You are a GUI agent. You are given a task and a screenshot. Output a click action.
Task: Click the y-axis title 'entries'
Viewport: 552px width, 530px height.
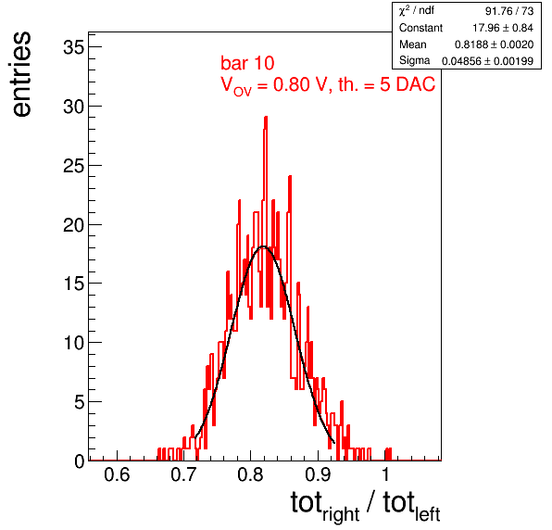point(22,74)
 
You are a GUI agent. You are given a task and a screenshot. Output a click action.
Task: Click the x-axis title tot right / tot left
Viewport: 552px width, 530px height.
point(366,506)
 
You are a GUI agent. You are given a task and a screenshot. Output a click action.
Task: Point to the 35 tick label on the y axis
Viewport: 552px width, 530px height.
point(74,47)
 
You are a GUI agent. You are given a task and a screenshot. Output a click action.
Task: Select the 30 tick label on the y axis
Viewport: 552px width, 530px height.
point(74,106)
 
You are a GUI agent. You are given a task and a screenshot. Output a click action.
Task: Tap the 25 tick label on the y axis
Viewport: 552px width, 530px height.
point(74,165)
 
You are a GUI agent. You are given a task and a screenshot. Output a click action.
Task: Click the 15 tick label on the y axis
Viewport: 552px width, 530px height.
point(74,284)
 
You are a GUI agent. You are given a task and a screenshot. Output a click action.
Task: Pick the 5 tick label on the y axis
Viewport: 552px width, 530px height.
point(80,401)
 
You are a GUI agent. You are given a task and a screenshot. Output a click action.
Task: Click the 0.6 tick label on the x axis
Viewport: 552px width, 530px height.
point(117,474)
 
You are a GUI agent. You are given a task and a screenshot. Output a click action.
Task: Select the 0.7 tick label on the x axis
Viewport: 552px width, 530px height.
point(183,474)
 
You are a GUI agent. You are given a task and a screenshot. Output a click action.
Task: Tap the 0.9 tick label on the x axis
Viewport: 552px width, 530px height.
point(318,474)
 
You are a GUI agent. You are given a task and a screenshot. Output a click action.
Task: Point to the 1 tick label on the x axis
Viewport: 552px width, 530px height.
point(385,474)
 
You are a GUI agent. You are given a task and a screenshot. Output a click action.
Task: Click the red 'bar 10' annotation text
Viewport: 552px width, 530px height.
point(247,63)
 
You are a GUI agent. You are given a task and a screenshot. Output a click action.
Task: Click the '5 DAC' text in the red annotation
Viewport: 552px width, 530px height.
point(408,84)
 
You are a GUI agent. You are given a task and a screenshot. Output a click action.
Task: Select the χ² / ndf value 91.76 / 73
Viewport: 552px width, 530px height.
point(509,11)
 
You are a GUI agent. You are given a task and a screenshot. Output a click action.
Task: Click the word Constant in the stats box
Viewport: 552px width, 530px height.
point(420,28)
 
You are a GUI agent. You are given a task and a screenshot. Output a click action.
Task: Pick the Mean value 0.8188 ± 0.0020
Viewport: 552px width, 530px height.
point(494,44)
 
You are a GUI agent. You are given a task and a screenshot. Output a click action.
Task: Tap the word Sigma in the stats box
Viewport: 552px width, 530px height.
point(414,60)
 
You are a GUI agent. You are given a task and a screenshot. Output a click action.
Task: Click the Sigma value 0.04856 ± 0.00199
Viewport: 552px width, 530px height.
point(487,61)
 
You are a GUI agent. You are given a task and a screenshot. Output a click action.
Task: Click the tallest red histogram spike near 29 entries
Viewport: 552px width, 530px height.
point(266,118)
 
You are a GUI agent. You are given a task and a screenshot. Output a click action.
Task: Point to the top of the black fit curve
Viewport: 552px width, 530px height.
point(263,246)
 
